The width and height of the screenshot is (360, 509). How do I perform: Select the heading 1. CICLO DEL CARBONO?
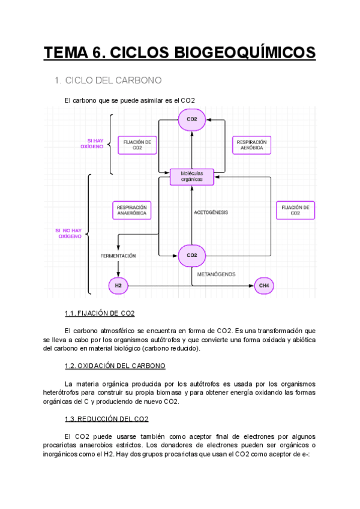(108, 80)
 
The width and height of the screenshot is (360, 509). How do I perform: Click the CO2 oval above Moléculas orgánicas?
(192, 119)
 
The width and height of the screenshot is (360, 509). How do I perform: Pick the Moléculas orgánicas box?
(191, 176)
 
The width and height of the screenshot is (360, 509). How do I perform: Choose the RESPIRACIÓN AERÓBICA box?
(251, 145)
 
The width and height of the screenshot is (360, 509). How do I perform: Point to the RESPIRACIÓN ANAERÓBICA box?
(132, 210)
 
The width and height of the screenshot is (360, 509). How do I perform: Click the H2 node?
(118, 286)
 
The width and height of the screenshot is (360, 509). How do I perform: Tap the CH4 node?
(264, 286)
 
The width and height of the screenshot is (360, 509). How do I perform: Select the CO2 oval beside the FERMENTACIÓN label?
(192, 255)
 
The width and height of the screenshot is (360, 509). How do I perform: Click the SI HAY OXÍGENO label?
(91, 143)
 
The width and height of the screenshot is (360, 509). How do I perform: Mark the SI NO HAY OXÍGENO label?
(70, 233)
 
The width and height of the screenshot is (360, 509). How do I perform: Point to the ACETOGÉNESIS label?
(211, 212)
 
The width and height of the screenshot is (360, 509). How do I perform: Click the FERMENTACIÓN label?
(118, 255)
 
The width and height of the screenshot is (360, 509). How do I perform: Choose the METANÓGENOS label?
(217, 274)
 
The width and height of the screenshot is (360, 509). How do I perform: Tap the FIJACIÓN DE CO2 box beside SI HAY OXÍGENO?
(137, 145)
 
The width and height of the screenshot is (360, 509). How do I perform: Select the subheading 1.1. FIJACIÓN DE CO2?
(100, 313)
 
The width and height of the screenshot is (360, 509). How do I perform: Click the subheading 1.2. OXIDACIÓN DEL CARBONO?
(115, 366)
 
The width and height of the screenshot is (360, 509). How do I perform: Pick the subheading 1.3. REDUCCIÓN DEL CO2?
(106, 418)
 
